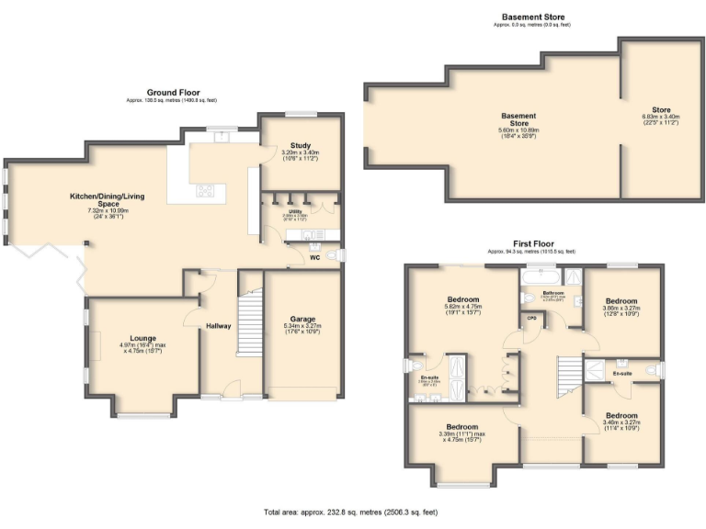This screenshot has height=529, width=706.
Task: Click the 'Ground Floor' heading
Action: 173,92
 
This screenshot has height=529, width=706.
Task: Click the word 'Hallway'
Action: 218,326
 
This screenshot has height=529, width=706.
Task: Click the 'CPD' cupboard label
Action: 531,318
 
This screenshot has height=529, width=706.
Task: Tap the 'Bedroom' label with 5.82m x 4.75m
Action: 463,300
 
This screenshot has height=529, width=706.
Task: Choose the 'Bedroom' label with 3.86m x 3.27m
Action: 621,300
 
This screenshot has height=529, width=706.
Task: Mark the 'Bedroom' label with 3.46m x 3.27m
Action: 621,415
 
